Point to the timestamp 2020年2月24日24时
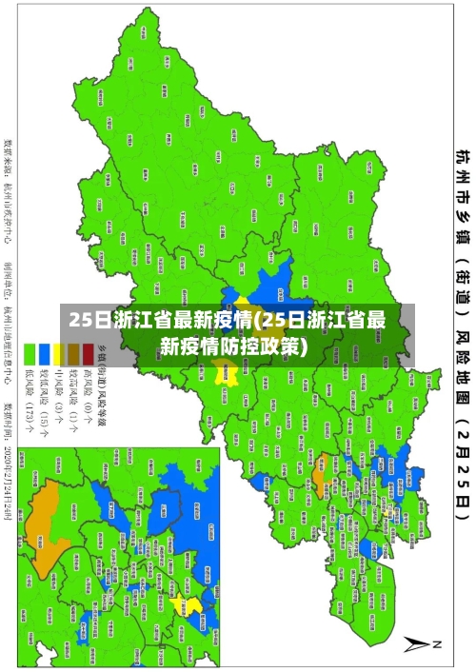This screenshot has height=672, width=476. [x=9, y=476]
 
